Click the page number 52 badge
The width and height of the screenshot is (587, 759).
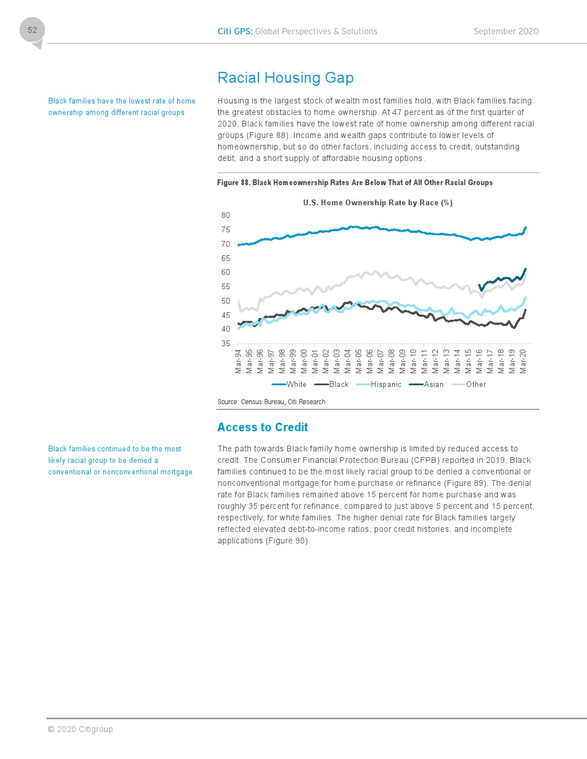pyautogui.click(x=32, y=30)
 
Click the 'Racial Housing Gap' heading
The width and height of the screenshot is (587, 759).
pyautogui.click(x=285, y=78)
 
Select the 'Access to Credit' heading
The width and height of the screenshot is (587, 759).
pyautogui.click(x=262, y=427)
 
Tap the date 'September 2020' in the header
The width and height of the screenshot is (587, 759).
pyautogui.click(x=506, y=32)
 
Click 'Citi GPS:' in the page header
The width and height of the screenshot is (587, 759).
pyautogui.click(x=235, y=32)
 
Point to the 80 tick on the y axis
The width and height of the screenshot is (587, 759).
pyautogui.click(x=226, y=216)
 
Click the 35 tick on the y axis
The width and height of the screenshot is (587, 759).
pyautogui.click(x=226, y=343)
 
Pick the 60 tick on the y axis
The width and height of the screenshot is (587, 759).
pyautogui.click(x=226, y=272)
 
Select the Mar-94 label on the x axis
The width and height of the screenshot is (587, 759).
pyautogui.click(x=238, y=361)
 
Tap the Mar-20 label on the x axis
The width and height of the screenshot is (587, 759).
pyautogui.click(x=523, y=361)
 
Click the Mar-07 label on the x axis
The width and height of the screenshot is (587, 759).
pyautogui.click(x=380, y=361)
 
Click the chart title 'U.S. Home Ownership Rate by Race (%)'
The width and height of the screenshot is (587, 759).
pyautogui.click(x=378, y=202)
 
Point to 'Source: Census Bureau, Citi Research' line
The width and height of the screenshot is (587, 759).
pyautogui.click(x=271, y=402)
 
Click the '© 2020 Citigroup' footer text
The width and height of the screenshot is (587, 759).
pyautogui.click(x=80, y=729)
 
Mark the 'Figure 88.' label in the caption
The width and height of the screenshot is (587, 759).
pyautogui.click(x=233, y=183)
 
